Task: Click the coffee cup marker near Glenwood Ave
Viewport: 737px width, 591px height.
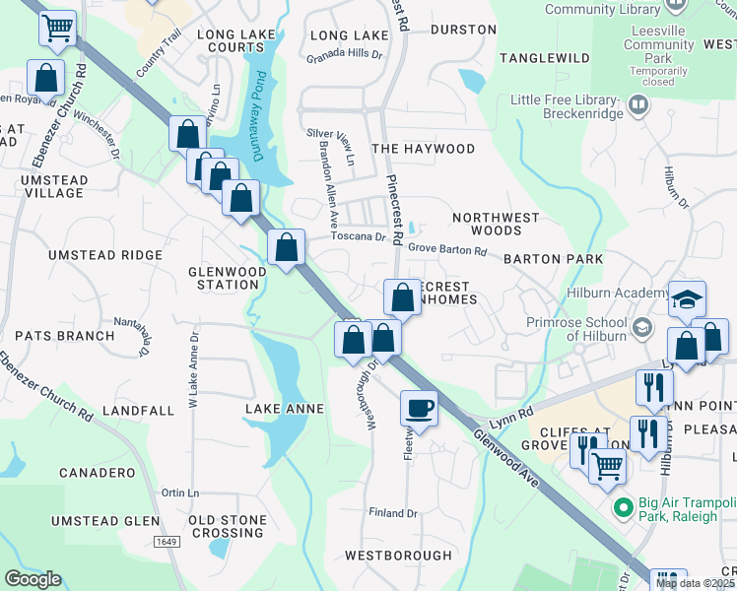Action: (420, 408)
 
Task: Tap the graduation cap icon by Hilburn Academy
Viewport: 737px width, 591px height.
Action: (687, 298)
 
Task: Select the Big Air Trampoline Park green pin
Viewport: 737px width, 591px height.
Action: (622, 508)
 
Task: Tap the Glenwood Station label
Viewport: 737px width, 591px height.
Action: (228, 278)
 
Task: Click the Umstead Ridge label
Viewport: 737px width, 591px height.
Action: (106, 255)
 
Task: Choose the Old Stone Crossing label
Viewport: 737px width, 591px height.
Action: (225, 527)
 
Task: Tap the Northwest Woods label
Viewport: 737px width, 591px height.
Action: (496, 224)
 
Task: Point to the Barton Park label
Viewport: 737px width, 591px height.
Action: (552, 259)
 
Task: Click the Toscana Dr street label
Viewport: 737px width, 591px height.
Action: (358, 237)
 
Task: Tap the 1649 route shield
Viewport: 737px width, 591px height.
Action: (167, 541)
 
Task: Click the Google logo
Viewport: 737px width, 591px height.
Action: (33, 579)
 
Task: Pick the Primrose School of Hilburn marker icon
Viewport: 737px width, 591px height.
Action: (642, 326)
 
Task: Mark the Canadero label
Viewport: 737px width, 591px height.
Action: (97, 473)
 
